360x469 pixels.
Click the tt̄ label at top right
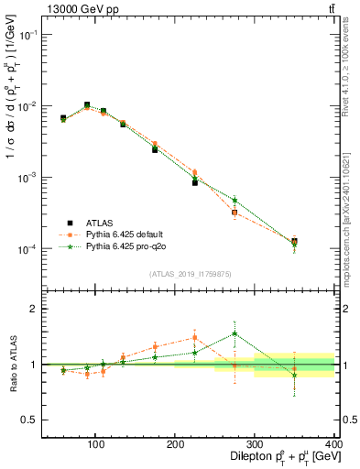pos(330,8)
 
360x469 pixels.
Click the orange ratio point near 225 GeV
pos(195,337)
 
